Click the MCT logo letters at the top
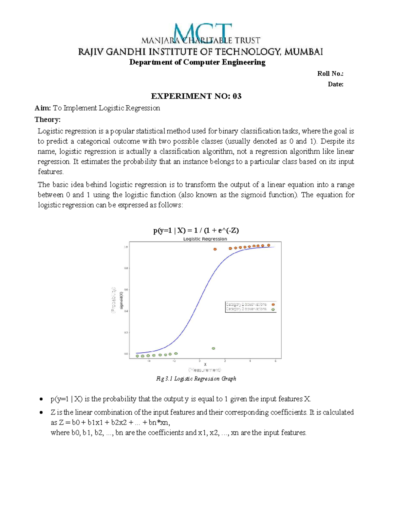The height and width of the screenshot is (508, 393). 202,33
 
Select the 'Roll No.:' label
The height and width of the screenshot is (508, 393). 330,74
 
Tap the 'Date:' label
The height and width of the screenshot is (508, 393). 335,84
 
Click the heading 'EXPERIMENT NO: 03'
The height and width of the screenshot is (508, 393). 196,96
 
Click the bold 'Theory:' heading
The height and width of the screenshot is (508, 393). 47,119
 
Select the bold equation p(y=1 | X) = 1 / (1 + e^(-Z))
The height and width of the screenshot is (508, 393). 196,230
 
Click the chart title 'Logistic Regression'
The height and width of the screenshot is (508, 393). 205,239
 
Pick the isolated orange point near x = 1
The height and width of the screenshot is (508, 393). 215,249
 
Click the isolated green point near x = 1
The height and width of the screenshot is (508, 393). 214,348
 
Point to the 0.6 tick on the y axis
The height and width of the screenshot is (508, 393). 126,289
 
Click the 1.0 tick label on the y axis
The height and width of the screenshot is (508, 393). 126,247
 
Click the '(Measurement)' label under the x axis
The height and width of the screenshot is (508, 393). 205,370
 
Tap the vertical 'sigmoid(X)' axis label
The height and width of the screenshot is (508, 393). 122,300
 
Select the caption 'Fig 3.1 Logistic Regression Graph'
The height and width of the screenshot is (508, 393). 196,378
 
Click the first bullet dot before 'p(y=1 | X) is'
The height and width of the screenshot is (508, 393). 41,399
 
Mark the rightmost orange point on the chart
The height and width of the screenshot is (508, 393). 269,245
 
